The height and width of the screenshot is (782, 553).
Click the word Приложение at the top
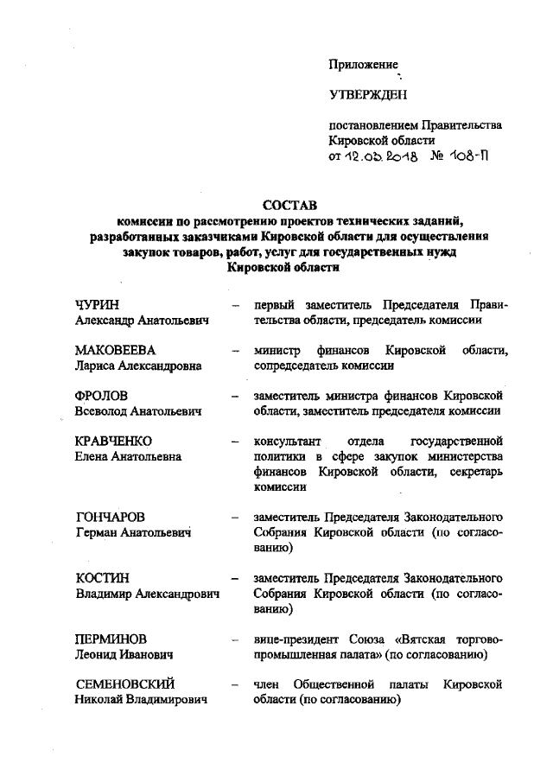click(363, 64)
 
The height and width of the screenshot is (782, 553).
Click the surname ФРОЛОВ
click(105, 396)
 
